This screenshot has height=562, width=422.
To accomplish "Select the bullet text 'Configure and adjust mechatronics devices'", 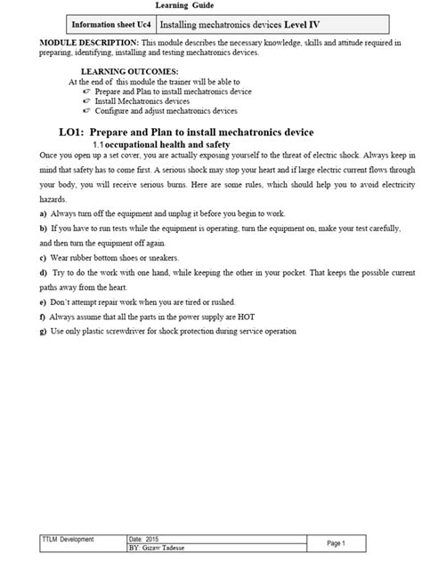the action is (x=170, y=111).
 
